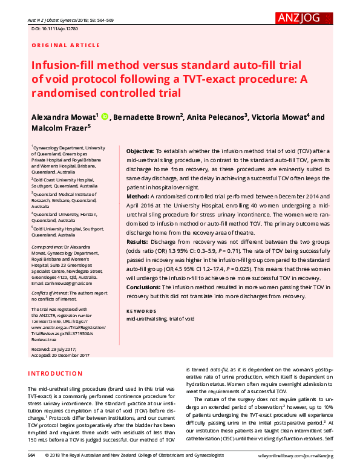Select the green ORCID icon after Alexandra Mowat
click(104, 117)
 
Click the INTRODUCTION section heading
click(56, 373)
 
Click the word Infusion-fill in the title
click(66, 65)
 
